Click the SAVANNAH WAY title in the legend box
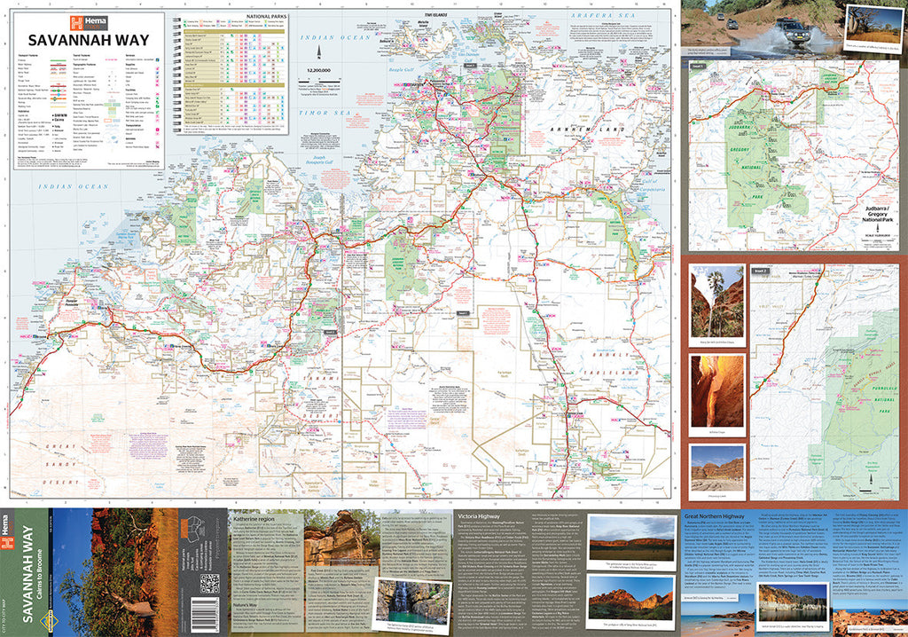click(88, 40)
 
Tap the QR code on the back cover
click(209, 586)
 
